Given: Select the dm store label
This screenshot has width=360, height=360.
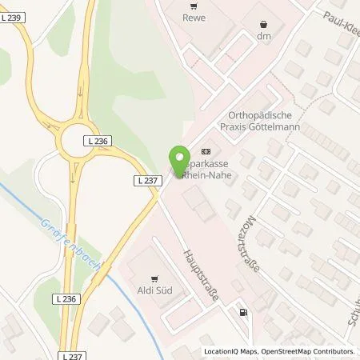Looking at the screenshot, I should [x=264, y=37].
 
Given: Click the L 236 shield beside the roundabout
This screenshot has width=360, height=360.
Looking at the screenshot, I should [x=96, y=140].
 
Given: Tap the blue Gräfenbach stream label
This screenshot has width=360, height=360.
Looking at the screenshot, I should [x=72, y=238].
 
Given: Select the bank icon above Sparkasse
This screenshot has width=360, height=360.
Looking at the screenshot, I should [x=207, y=150].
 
